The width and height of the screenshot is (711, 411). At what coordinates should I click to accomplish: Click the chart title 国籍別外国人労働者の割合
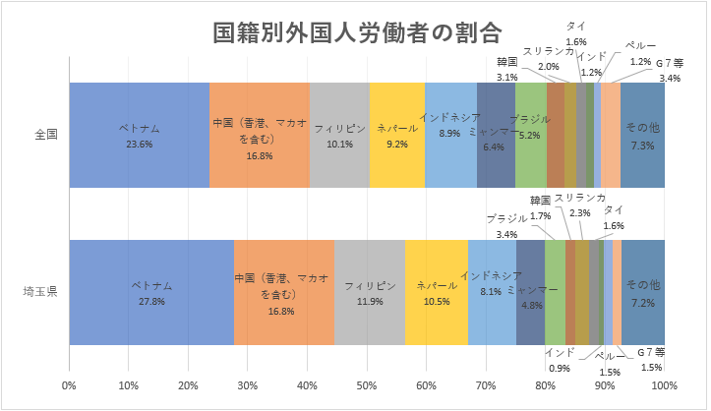[x=357, y=33]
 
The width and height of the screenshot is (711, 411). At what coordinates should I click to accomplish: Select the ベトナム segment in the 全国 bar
[x=139, y=134]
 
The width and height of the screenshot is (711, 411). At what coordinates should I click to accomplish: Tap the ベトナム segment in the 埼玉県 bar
[x=151, y=291]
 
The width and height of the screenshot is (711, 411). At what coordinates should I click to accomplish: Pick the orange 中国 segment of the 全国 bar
[x=260, y=134]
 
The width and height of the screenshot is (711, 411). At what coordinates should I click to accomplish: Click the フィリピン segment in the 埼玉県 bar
[x=370, y=291]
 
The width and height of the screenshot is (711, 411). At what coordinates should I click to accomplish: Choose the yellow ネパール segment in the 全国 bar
[x=396, y=134]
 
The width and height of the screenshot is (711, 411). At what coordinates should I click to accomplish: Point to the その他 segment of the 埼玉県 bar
[x=643, y=291]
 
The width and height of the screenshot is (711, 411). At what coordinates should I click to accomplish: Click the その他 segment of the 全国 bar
[x=642, y=134]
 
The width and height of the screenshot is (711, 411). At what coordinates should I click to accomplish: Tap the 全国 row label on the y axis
[x=46, y=135]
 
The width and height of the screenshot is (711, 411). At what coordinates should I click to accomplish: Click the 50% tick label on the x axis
[x=367, y=384]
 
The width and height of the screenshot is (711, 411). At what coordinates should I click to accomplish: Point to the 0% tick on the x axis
[x=69, y=384]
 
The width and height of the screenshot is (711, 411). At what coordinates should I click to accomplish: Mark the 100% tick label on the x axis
[x=664, y=384]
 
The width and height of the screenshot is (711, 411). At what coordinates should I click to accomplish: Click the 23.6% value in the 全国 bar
[x=139, y=144]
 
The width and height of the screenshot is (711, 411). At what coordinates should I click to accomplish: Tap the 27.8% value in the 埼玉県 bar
[x=151, y=301]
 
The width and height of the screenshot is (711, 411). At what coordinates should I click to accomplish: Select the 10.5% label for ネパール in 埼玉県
[x=436, y=301]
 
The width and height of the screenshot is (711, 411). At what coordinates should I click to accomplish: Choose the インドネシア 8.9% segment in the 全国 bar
[x=450, y=134]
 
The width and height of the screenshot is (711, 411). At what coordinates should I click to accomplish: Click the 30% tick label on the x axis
[x=248, y=384]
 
